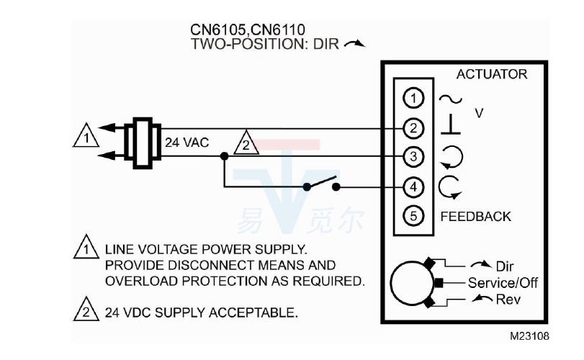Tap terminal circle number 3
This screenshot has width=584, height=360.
pyautogui.click(x=412, y=156)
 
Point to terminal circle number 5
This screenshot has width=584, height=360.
pyautogui.click(x=412, y=215)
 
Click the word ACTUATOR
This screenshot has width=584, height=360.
pyautogui.click(x=491, y=74)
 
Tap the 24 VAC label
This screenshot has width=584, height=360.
pyautogui.click(x=187, y=143)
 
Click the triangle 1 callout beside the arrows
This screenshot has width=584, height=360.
pyautogui.click(x=85, y=136)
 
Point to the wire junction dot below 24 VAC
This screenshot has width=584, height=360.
pyautogui.click(x=225, y=156)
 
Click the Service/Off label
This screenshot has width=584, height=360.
pyautogui.click(x=502, y=282)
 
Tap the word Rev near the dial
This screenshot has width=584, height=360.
pyautogui.click(x=508, y=299)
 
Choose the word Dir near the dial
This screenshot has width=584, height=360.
pyautogui.click(x=505, y=266)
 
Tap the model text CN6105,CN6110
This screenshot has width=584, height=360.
pyautogui.click(x=238, y=30)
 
